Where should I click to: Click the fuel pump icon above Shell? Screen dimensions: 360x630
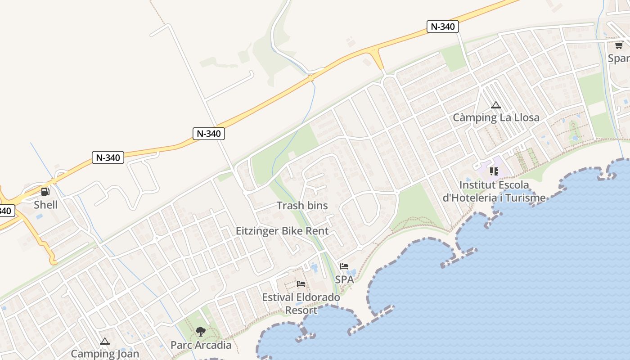[45, 192]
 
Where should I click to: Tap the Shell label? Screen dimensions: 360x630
[45, 205]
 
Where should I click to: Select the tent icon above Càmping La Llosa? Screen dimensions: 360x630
[496, 105]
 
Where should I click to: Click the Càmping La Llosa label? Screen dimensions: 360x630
[496, 118]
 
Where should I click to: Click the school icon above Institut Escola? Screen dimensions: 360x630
[494, 171]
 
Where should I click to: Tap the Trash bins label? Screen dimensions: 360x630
[302, 206]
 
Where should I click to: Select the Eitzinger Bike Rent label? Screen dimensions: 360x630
[282, 231]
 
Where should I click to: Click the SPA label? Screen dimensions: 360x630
[344, 279]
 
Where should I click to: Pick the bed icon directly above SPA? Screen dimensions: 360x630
[344, 266]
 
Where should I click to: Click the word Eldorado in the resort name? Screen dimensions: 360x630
[318, 297]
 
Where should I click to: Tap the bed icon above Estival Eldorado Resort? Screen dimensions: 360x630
[301, 284]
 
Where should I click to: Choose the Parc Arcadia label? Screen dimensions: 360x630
[201, 345]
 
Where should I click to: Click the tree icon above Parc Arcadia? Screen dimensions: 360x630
[201, 332]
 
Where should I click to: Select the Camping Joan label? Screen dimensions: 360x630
[105, 353]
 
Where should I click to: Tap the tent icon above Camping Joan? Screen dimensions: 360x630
[105, 342]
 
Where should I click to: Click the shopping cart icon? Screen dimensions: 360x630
[619, 45]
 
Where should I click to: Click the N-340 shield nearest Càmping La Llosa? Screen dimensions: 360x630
[442, 27]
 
